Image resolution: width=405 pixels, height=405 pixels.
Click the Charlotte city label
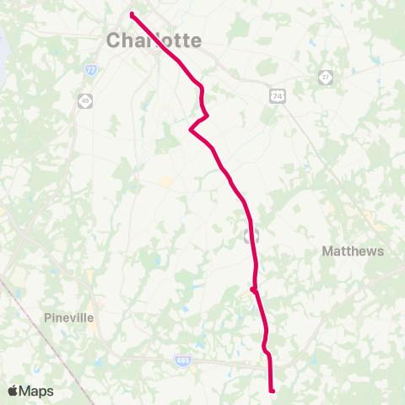(154, 40)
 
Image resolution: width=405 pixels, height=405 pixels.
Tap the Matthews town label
(353, 251)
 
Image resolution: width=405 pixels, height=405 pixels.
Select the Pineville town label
(69, 318)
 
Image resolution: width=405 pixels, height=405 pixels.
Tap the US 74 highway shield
(277, 97)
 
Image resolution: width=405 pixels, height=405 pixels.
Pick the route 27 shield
(325, 77)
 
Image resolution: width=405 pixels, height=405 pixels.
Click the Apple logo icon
(13, 391)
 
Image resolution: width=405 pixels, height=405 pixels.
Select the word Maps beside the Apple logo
(36, 391)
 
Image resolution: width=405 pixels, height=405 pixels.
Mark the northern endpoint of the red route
(132, 13)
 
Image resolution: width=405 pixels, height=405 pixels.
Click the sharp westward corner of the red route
(191, 130)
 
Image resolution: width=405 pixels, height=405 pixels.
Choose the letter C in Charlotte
(114, 40)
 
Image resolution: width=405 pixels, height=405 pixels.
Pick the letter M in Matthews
(328, 251)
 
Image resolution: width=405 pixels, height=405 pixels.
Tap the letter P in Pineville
(47, 318)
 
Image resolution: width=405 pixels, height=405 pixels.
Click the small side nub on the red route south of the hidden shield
(252, 289)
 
